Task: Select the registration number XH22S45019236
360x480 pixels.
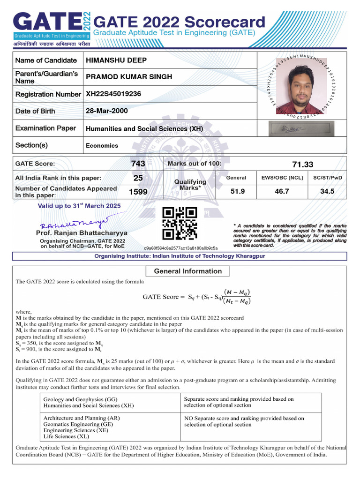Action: [x=113, y=94]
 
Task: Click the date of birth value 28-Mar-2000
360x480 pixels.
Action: [x=106, y=111]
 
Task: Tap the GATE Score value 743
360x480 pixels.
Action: [x=138, y=164]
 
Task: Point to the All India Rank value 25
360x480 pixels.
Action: [x=138, y=178]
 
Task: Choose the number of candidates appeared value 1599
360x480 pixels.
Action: [x=138, y=192]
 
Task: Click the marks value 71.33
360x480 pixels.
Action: [x=302, y=165]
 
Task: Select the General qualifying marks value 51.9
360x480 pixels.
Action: [x=238, y=191]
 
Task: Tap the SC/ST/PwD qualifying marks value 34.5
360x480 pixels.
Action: [x=327, y=191]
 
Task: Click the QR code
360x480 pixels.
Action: [x=180, y=224]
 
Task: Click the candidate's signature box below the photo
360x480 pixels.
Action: [x=301, y=128]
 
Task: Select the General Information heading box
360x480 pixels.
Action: [x=187, y=271]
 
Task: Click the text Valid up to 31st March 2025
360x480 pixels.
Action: [x=79, y=206]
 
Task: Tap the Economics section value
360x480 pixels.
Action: [x=102, y=145]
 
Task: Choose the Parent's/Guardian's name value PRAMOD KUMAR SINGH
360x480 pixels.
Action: [x=129, y=77]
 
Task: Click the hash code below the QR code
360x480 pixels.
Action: [x=181, y=247]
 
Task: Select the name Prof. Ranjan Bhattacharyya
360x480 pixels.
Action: [x=82, y=233]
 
